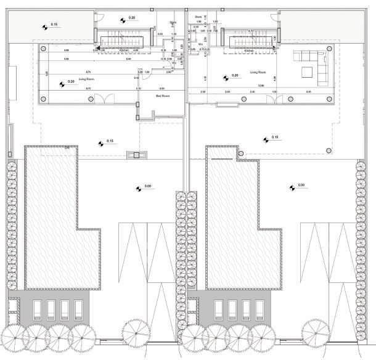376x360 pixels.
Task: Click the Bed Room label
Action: [x=163, y=96]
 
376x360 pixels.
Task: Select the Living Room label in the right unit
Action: [x=258, y=72]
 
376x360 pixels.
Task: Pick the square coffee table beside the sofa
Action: [x=306, y=72]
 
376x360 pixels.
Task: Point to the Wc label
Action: [x=201, y=44]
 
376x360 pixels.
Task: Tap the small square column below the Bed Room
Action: [x=136, y=155]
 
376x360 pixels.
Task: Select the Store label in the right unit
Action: [x=198, y=17]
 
